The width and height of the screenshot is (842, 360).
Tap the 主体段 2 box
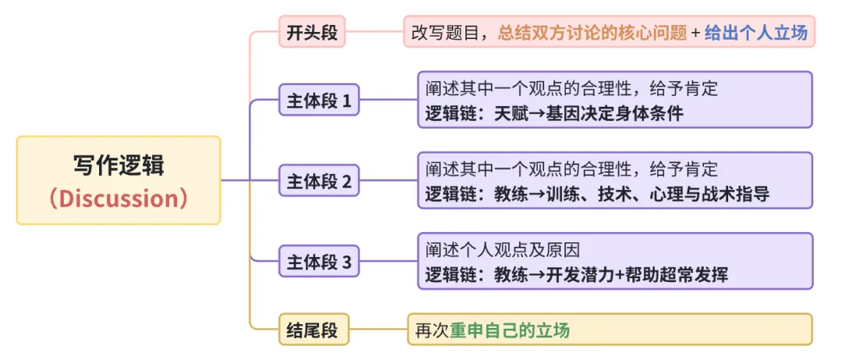[x=319, y=182]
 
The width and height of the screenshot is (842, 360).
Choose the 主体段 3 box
[x=319, y=262]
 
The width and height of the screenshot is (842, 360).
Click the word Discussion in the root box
[x=119, y=198]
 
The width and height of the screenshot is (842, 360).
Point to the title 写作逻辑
[x=119, y=165]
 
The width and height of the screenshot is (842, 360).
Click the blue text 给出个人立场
[x=755, y=34]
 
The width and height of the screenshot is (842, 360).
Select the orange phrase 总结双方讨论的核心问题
[x=593, y=34]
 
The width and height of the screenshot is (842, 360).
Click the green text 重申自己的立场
[x=510, y=330]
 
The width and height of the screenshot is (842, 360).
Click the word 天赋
[x=510, y=114]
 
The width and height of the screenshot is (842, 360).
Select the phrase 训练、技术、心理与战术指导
[x=657, y=194]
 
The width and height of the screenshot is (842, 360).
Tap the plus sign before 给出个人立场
[x=696, y=34]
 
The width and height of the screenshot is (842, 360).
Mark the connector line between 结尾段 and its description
[x=378, y=330]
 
